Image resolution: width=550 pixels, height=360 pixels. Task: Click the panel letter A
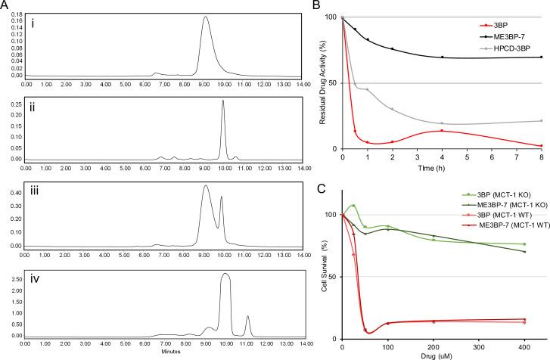(x=7, y=6)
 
